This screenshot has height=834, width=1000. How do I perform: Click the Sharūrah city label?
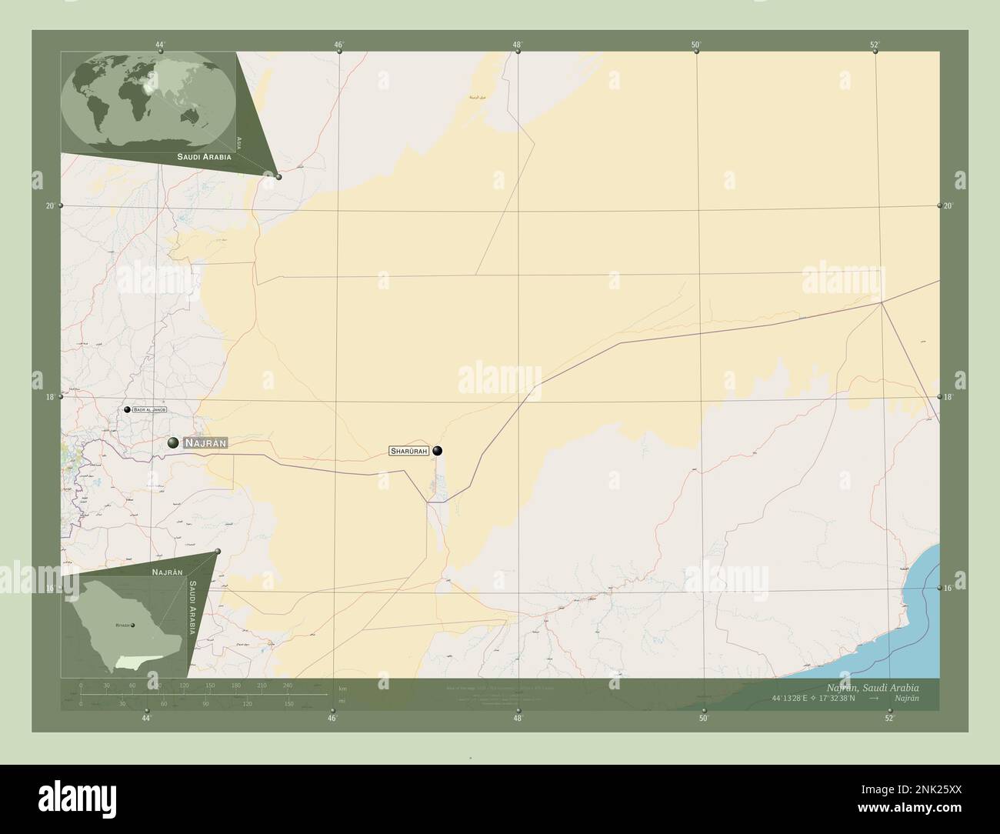coord(408,451)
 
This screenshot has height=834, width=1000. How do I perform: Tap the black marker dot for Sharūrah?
coord(438,451)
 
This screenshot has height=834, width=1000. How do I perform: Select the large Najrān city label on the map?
coord(205,443)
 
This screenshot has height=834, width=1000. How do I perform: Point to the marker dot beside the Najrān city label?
coord(174,442)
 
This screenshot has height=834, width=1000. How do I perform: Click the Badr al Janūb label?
coord(150,410)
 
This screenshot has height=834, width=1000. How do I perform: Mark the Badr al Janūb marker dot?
coord(127,410)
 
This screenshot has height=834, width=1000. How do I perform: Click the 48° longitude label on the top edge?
coord(518,44)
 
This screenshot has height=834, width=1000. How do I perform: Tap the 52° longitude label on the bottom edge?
coord(889,718)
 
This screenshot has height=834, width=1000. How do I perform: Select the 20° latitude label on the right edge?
coord(948,205)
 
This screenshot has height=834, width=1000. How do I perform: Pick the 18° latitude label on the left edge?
coord(50,397)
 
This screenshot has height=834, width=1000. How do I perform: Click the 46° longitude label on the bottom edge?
coord(332,718)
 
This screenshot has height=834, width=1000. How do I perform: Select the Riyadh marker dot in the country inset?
coord(132,625)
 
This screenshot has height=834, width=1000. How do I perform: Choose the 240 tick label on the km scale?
coord(288,685)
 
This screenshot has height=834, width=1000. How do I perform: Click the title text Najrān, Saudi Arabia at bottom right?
coord(871,686)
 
